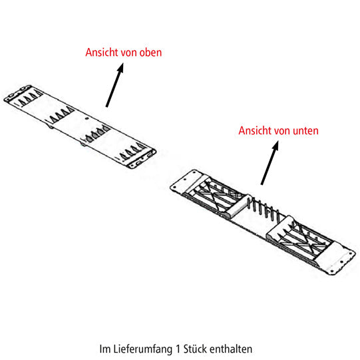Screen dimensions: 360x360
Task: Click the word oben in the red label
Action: click(x=150, y=53)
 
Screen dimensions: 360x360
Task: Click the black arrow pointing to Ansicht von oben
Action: click(x=114, y=85)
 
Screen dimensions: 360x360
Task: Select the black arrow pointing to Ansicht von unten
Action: click(x=270, y=163)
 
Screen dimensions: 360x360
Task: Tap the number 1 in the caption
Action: click(x=178, y=349)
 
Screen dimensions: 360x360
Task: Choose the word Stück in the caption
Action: click(x=195, y=349)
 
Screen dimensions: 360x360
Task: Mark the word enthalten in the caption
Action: click(x=231, y=349)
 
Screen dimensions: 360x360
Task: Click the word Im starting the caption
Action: click(x=105, y=349)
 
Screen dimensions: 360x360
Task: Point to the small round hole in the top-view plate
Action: click(x=87, y=118)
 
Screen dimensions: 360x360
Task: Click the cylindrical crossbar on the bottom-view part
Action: click(x=239, y=206)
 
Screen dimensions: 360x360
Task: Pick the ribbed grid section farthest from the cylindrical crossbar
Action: click(x=301, y=239)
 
